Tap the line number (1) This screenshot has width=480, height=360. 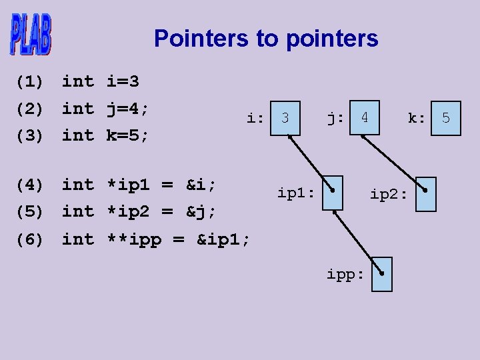(29, 82)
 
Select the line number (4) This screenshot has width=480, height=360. (29, 184)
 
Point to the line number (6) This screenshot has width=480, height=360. (29, 239)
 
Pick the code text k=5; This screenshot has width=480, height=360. (128, 135)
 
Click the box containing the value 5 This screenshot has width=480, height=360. (445, 118)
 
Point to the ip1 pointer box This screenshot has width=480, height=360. (331, 193)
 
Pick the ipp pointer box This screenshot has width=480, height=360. (381, 274)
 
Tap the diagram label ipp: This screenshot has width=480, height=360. (345, 274)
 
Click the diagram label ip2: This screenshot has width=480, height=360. (389, 194)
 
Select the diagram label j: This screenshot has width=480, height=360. (335, 119)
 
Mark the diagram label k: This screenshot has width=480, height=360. (417, 119)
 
